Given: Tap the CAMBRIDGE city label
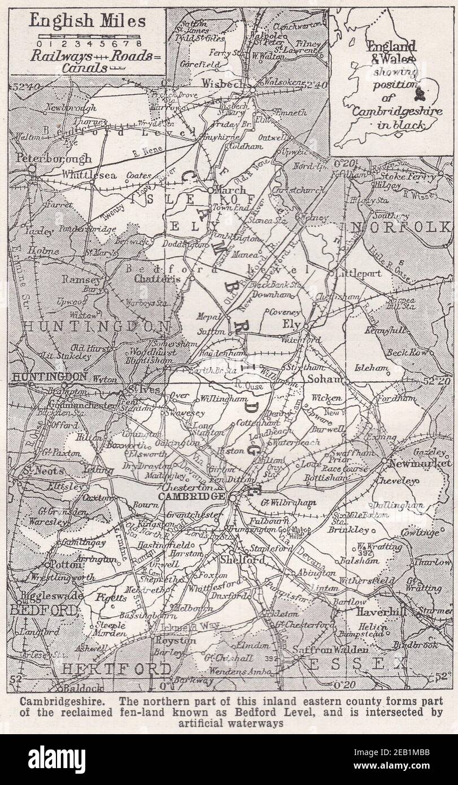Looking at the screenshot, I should click(191, 496).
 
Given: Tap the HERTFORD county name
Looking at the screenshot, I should click(116, 669).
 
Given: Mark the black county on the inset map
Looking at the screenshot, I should click(420, 93).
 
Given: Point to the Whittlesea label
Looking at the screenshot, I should click(90, 175).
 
